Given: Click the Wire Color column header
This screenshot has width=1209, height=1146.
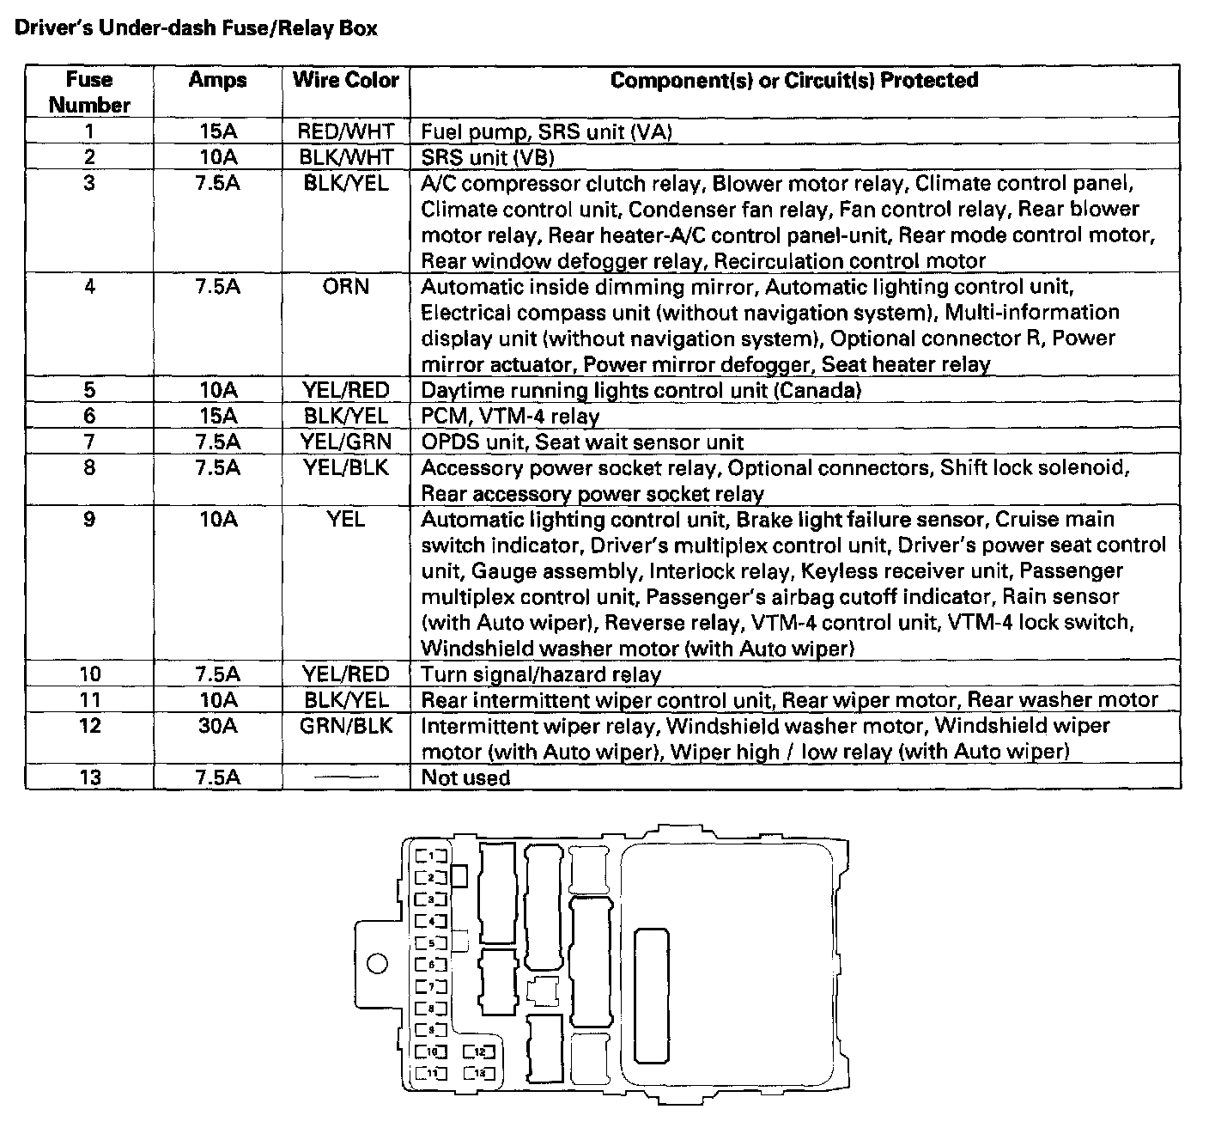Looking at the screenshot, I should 346,81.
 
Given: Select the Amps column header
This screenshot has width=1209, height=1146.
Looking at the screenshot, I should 217,81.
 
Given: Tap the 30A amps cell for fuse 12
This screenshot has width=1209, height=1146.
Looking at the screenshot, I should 217,726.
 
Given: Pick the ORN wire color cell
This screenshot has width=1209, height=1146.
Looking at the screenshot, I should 346,287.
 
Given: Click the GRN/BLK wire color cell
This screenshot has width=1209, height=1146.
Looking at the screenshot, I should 346,726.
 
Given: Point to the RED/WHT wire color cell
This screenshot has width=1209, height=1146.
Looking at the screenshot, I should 346,131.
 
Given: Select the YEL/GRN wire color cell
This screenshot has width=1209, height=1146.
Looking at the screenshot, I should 346,442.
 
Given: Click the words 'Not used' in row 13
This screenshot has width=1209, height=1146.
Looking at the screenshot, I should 465,778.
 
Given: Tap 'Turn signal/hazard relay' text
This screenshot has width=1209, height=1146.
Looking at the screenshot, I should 541,674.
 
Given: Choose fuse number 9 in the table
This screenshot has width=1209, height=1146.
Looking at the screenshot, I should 89,519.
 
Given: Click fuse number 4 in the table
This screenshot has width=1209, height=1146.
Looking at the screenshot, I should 89,287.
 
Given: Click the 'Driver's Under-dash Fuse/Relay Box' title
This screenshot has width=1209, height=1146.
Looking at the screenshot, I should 197,28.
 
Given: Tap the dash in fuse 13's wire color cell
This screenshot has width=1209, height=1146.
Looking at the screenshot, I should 346,778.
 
